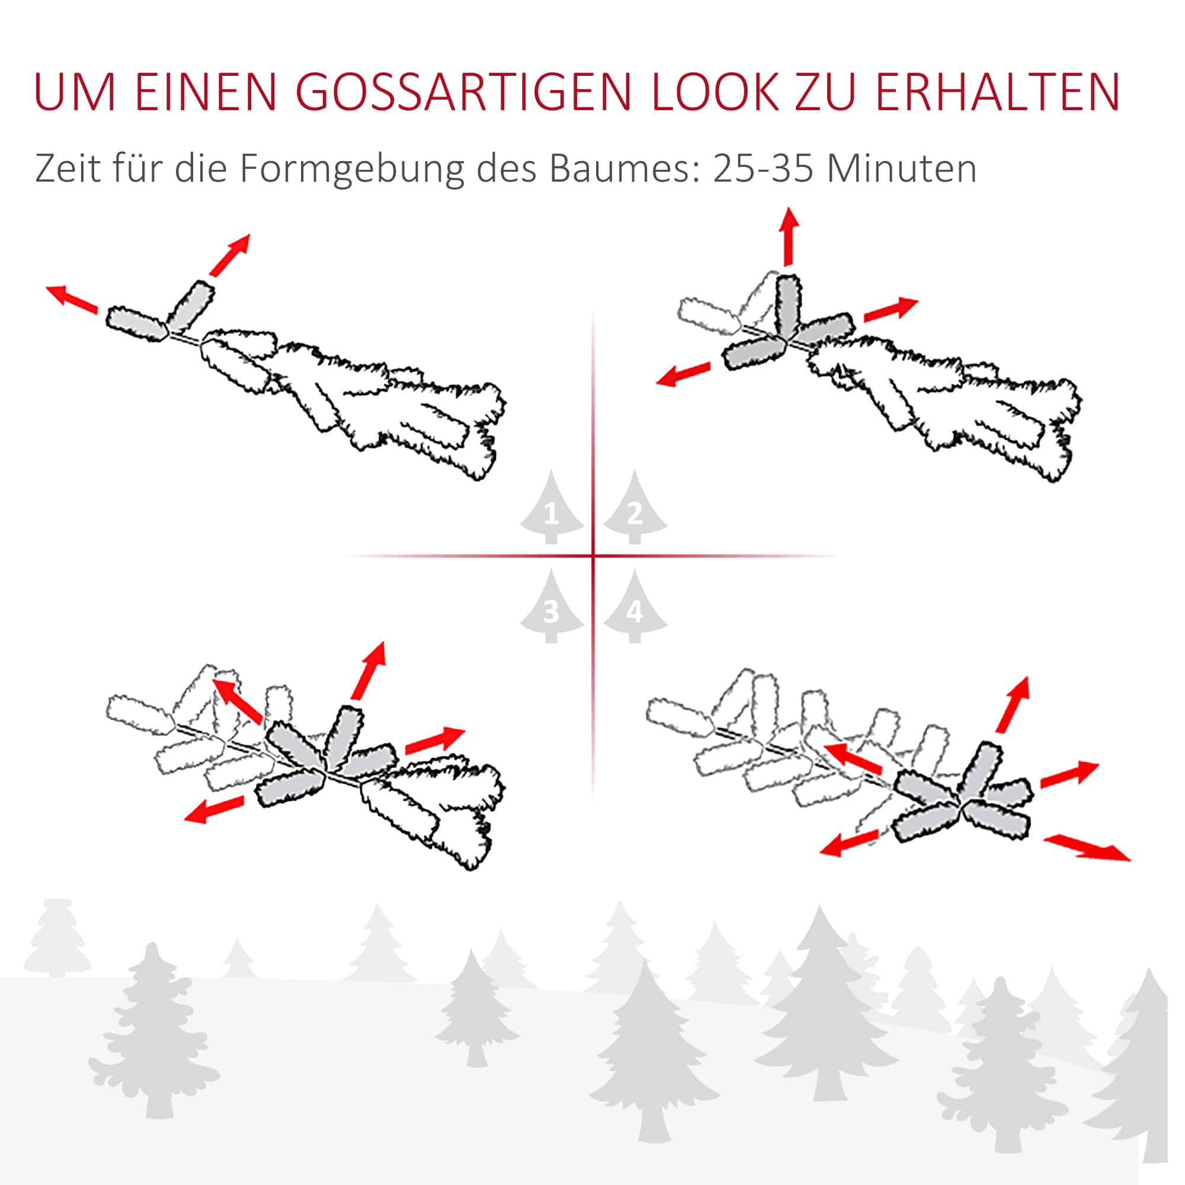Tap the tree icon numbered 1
pyautogui.click(x=552, y=507)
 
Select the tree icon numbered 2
pyautogui.click(x=635, y=507)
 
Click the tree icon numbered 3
pyautogui.click(x=552, y=606)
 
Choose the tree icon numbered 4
pyautogui.click(x=635, y=606)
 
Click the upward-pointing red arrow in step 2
pyautogui.click(x=789, y=236)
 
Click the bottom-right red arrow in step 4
pyautogui.click(x=1087, y=848)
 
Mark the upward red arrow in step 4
pyautogui.click(x=1013, y=704)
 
